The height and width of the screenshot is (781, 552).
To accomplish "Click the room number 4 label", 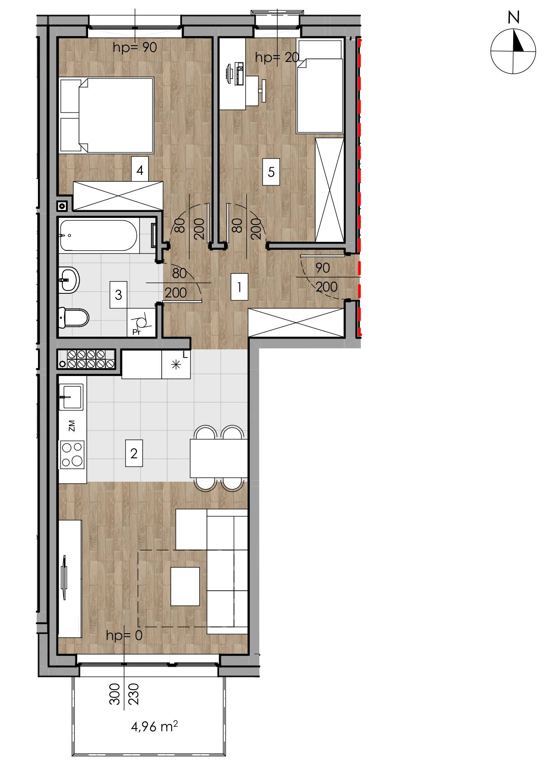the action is (x=140, y=170).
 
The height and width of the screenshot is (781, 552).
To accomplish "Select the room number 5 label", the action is (x=271, y=172).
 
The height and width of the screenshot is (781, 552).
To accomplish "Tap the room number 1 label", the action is (x=239, y=287).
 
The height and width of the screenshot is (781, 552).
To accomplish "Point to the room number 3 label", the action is (x=118, y=295).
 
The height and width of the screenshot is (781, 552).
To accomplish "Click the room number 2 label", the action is (x=134, y=453).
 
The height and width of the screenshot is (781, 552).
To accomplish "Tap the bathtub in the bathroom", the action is (x=98, y=235).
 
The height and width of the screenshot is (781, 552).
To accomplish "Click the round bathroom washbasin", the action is (x=69, y=280).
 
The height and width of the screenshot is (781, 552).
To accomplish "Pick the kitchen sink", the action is (x=71, y=397).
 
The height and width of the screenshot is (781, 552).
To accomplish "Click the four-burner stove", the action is (x=72, y=454).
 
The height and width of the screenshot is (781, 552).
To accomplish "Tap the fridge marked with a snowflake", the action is (x=176, y=364).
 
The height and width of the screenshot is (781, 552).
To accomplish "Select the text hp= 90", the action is (x=135, y=47).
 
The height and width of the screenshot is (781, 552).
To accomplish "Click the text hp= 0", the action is (x=124, y=635).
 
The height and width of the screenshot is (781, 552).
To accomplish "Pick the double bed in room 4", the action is (x=107, y=115).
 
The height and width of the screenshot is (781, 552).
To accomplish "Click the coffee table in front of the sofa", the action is (x=185, y=587).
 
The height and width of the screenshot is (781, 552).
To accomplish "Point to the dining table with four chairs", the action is (x=219, y=458).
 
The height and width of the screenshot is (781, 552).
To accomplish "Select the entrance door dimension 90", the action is (x=323, y=268).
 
